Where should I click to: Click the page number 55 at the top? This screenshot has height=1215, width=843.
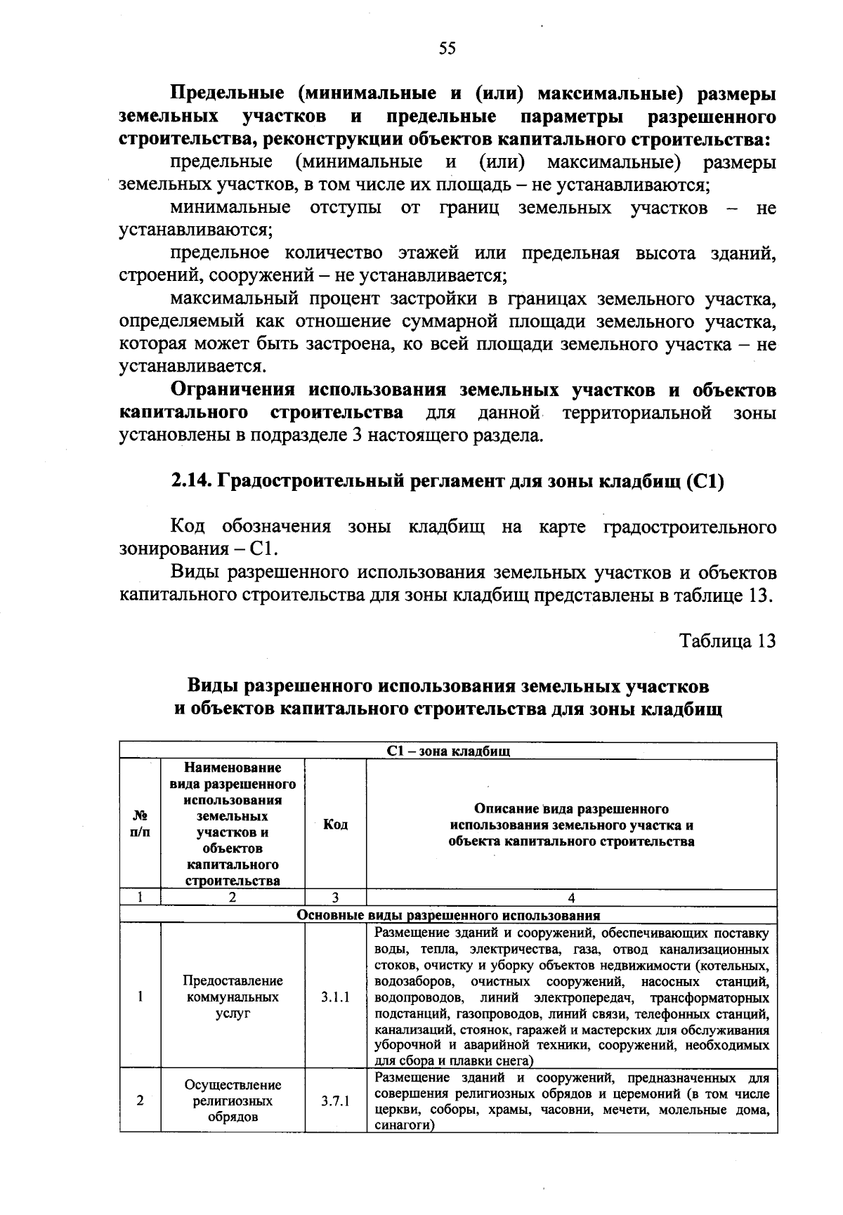click(447, 48)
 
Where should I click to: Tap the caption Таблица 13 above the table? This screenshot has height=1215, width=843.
click(727, 641)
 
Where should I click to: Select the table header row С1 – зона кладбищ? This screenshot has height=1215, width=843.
click(448, 751)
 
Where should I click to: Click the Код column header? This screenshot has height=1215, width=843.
click(335, 825)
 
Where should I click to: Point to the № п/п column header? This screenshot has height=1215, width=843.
click(140, 825)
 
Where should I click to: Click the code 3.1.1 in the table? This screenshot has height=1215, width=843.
click(335, 997)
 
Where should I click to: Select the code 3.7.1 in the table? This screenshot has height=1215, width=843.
click(335, 1101)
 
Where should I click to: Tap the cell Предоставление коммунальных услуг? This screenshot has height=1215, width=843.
click(233, 997)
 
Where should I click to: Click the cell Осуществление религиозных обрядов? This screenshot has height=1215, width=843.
click(233, 1101)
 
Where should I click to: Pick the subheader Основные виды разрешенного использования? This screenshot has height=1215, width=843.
click(448, 915)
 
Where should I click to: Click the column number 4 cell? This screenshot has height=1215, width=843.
click(571, 898)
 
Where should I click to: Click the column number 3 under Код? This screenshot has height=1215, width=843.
click(335, 898)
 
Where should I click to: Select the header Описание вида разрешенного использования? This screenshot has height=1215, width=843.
click(571, 825)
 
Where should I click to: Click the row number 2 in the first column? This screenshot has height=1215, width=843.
click(140, 1101)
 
